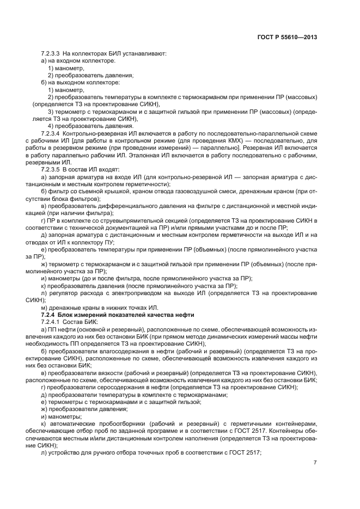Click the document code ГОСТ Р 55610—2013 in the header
(x=287, y=37)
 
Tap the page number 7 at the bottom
(x=315, y=463)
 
